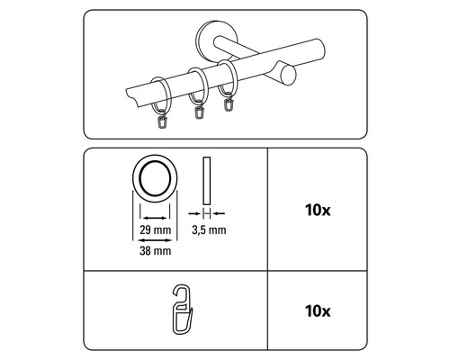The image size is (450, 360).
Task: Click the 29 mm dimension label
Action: (x=156, y=230)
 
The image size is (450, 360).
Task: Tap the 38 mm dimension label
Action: (x=156, y=251)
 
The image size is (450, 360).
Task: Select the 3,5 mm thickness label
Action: (x=209, y=230)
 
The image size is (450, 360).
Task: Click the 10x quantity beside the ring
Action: (x=318, y=211)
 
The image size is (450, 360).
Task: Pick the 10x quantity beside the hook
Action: (x=318, y=311)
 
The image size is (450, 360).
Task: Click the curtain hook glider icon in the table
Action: (x=181, y=310)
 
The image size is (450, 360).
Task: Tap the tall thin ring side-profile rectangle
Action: (x=207, y=181)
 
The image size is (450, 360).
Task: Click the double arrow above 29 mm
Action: (x=155, y=218)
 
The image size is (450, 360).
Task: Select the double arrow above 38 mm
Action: (x=155, y=240)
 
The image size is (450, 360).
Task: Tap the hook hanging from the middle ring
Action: (x=199, y=111)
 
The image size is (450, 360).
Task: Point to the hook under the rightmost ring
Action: (x=229, y=103)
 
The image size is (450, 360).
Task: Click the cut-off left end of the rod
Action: (x=132, y=97)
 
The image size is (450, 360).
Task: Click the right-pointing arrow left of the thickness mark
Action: (x=194, y=213)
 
